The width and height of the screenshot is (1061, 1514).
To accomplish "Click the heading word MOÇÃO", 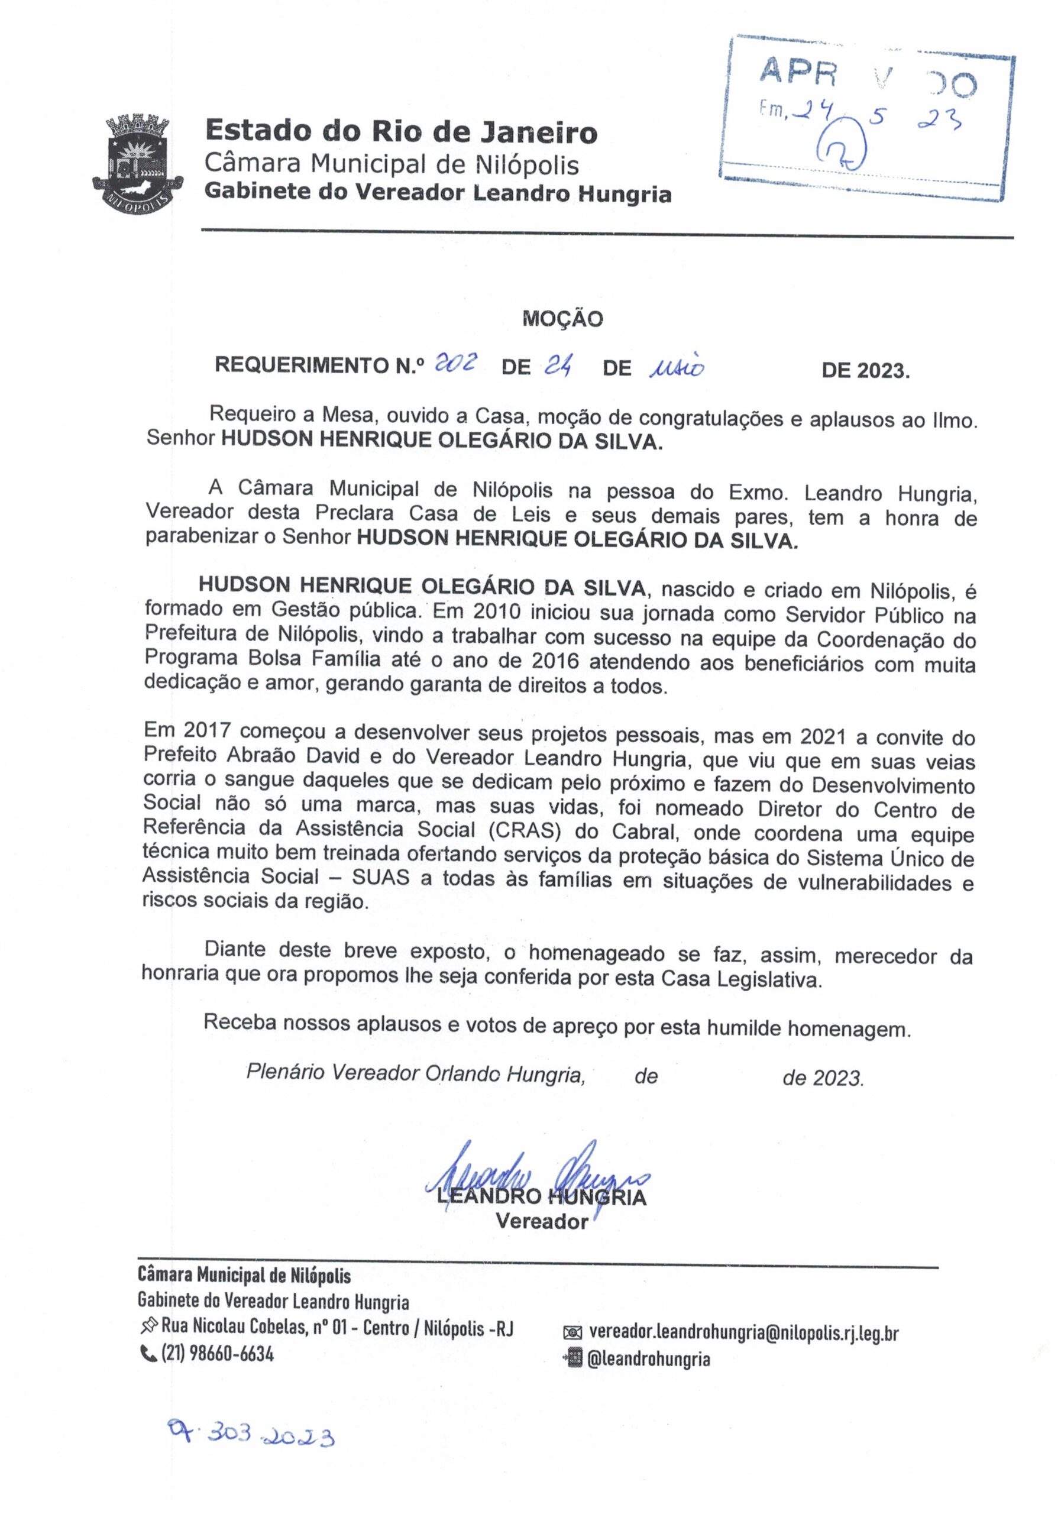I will coord(562,319).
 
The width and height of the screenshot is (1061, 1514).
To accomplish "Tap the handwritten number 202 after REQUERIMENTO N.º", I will coord(455,363).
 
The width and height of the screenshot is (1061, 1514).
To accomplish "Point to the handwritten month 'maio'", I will coord(676,367).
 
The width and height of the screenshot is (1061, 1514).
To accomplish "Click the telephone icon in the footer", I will coord(145,1354).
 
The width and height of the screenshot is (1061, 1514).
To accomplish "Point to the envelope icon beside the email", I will coord(573,1334).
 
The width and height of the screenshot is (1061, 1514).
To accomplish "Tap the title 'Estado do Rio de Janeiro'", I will coord(401,131).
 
